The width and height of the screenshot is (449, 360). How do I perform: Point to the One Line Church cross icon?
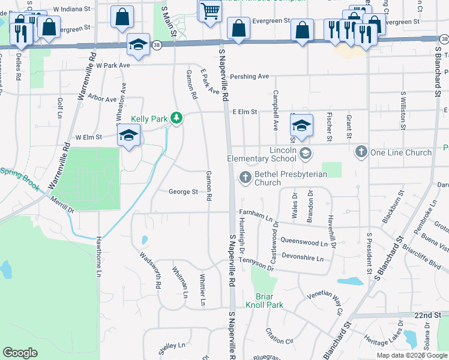(x=361, y=152)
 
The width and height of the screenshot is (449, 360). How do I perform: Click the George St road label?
(x=183, y=192)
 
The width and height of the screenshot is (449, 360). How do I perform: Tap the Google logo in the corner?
(x=20, y=353)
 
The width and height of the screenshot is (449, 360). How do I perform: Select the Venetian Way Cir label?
(x=324, y=301)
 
